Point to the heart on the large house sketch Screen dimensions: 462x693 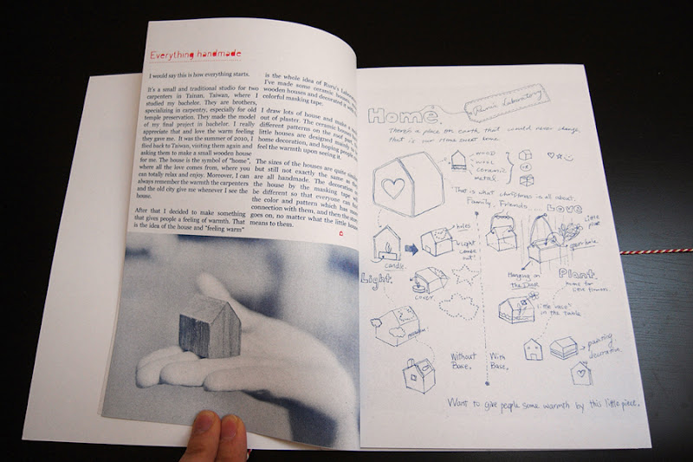tap(393, 188)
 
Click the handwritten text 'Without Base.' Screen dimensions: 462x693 tap(464, 359)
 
